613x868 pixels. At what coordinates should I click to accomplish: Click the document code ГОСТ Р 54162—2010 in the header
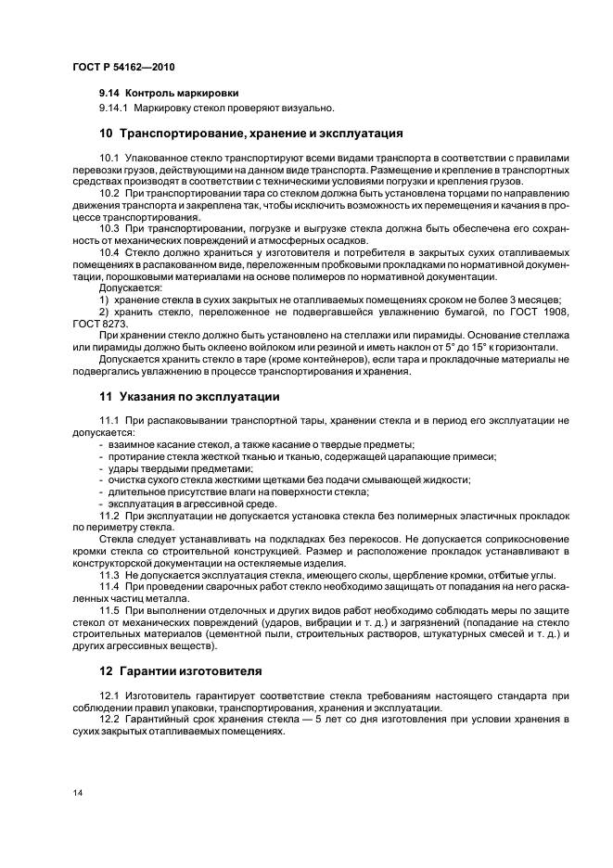coord(122,69)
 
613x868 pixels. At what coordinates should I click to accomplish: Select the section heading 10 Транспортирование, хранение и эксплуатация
coord(250,134)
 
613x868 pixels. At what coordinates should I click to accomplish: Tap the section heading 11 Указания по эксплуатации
coord(189,396)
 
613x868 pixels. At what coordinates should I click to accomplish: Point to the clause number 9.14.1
coord(113,108)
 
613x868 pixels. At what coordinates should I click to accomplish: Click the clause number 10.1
coord(109,159)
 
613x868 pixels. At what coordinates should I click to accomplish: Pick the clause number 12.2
coord(109,721)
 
